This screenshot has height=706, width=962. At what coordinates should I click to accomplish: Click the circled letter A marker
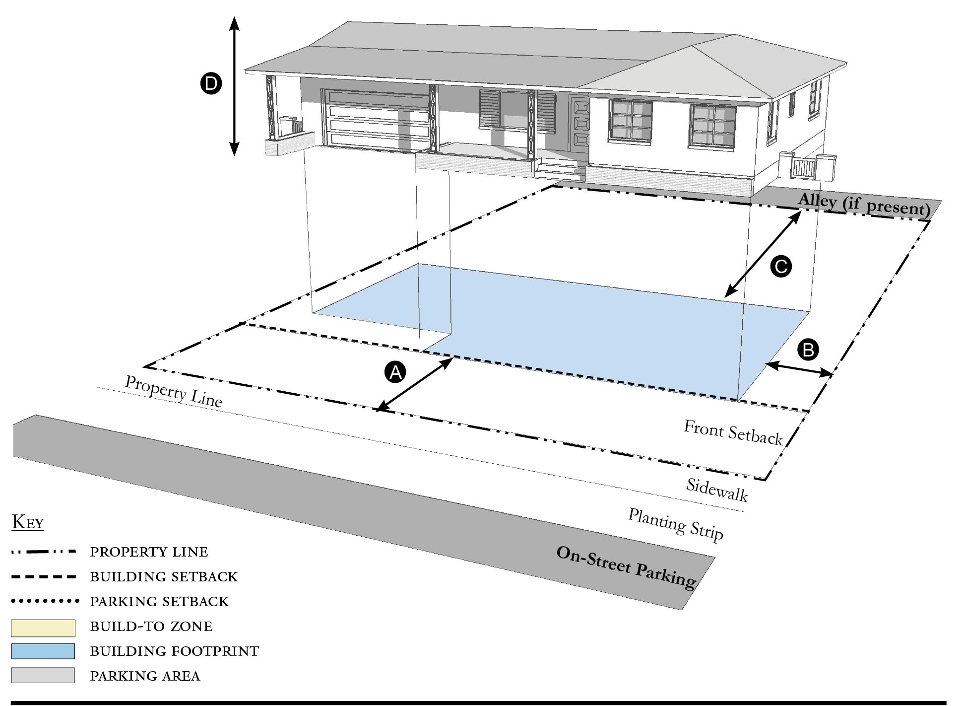(395, 372)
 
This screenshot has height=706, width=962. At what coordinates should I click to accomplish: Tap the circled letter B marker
(808, 350)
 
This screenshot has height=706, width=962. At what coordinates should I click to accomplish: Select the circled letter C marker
(780, 267)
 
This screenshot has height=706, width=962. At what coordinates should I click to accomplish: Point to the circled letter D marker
(211, 83)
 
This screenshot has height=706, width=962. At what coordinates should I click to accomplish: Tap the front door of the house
(579, 127)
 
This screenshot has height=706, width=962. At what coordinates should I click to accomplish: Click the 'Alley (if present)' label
(864, 204)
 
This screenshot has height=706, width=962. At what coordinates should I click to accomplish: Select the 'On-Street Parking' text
(627, 567)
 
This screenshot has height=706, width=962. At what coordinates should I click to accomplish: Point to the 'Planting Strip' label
(676, 524)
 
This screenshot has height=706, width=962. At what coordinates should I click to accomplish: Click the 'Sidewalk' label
(717, 490)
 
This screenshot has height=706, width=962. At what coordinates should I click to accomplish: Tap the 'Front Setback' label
(733, 432)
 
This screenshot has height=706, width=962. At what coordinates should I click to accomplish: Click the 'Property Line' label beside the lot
(173, 391)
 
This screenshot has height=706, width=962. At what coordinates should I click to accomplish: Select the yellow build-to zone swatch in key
(43, 628)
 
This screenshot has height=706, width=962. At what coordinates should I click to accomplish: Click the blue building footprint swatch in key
(43, 651)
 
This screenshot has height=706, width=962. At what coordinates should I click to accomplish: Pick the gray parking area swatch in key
(43, 675)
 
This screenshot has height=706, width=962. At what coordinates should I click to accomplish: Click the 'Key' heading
(28, 522)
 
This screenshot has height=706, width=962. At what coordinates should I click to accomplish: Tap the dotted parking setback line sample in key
(45, 601)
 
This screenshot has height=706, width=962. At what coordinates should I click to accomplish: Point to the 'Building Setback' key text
(164, 577)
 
